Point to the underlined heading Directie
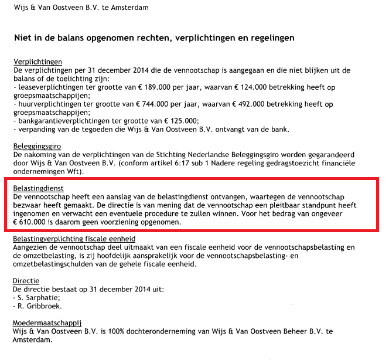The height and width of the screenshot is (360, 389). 27,281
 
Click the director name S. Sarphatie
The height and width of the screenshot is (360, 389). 37,298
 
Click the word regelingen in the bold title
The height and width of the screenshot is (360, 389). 264,38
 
